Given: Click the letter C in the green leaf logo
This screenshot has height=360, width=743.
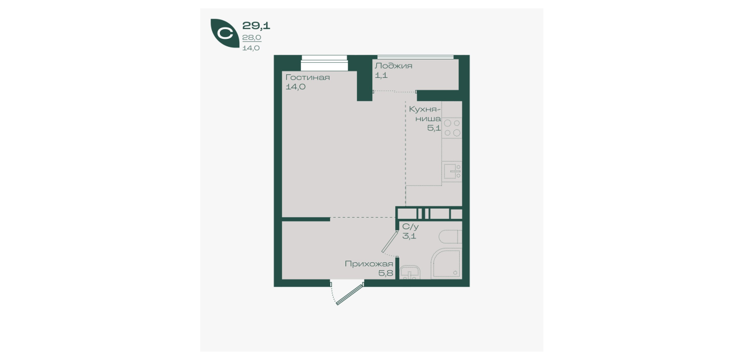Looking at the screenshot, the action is coord(225,33).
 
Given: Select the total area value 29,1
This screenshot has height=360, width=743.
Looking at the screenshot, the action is coord(256,25).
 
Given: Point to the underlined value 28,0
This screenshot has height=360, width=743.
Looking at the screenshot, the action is coord(252,38).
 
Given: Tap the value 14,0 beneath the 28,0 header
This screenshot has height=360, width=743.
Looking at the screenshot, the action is coord(251,48).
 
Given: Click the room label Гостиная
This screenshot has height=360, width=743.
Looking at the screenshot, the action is coord(307,78).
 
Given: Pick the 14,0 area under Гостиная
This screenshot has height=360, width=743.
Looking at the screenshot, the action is coord(295,87).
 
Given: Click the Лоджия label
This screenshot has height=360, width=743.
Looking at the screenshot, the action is coord(393,66).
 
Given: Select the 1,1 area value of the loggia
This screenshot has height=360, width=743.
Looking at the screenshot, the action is coord(381,75).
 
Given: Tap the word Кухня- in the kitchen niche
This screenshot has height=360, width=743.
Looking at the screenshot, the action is coord(424,109).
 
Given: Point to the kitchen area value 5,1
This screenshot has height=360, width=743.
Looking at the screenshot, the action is coord(434,128).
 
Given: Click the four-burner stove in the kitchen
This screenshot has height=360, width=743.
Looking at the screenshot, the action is coord(452,128).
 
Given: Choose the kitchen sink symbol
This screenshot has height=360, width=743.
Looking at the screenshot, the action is coord(452,171).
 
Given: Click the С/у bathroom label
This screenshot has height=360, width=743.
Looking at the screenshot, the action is coord(410,227).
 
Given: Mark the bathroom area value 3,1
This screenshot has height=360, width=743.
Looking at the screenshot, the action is coord(409,236).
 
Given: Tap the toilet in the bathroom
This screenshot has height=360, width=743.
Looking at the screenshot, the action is coord(450,237).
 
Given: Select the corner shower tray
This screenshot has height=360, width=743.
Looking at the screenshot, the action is coord(446,264).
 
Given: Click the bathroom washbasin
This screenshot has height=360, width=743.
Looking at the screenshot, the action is coord(410,273).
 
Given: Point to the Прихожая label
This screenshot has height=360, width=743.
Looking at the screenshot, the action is coord(369,264).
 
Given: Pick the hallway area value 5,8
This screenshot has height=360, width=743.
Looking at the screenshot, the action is coord(385,273).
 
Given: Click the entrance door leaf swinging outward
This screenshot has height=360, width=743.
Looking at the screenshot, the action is coord(350,294).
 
